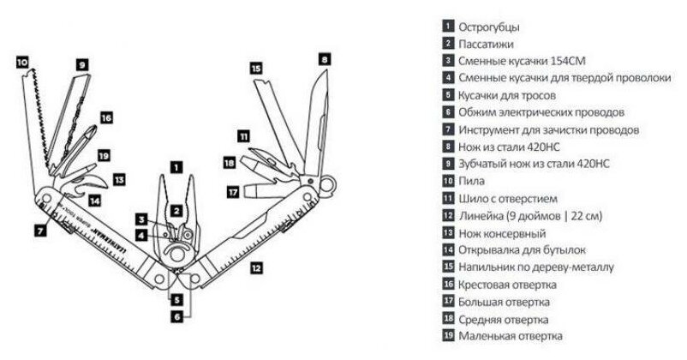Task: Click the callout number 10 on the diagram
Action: click(x=21, y=62)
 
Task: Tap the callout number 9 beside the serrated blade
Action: click(x=83, y=64)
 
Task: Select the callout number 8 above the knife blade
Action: click(x=325, y=59)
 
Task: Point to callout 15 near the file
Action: click(x=256, y=68)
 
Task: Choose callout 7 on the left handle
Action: click(x=40, y=230)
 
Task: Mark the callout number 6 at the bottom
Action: click(x=176, y=316)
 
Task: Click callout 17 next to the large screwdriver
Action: click(x=232, y=192)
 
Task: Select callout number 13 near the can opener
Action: click(x=119, y=180)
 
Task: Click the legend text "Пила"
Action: click(x=472, y=181)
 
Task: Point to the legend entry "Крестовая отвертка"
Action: click(x=508, y=284)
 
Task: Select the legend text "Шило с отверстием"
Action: click(x=505, y=198)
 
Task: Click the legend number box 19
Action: click(x=448, y=335)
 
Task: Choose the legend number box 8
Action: click(x=448, y=147)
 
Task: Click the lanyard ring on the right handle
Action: click(x=326, y=183)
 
